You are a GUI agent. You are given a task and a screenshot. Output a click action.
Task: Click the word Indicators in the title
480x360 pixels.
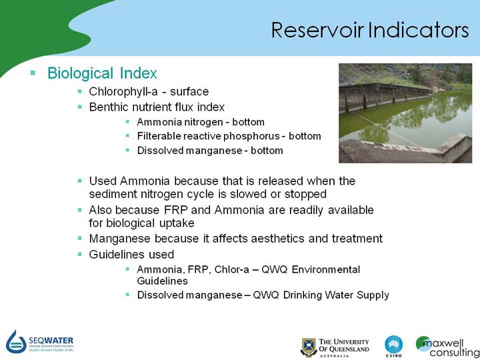tap(419, 30)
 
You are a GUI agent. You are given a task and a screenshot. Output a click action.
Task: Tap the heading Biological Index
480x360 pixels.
tap(102, 73)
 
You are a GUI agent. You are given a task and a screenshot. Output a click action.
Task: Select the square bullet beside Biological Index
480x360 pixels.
tap(33, 73)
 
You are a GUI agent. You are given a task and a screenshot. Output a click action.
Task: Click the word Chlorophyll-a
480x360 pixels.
tap(123, 91)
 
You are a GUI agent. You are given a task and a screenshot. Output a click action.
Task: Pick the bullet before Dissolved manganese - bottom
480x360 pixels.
tap(127, 150)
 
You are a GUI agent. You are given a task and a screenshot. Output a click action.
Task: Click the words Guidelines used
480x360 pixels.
tap(131, 255)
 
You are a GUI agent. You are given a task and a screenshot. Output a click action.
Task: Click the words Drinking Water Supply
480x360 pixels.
tap(336, 295)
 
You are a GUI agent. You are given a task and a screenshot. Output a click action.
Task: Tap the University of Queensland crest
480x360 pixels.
tap(308, 347)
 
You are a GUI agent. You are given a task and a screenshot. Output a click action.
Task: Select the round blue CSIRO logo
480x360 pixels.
tap(394, 345)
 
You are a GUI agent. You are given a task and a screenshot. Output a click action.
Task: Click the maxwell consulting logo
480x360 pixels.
tap(447, 347)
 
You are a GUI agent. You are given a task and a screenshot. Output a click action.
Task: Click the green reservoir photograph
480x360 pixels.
tap(405, 113)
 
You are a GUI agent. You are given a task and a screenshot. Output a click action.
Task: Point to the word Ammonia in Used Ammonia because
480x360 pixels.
tap(145, 181)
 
